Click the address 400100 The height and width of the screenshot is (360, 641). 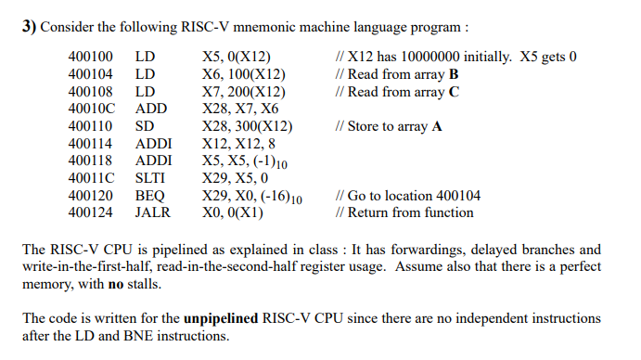pos(91,57)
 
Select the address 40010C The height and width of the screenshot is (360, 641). pos(91,109)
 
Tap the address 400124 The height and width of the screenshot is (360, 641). pos(91,212)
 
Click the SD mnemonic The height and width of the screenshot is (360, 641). pos(145,126)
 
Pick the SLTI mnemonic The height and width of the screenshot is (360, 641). pos(151,178)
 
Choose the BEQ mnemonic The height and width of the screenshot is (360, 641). pos(149,196)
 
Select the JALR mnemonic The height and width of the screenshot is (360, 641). pos(153,212)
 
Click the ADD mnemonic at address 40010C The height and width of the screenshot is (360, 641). pos(150,109)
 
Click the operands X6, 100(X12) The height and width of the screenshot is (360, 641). pos(243,74)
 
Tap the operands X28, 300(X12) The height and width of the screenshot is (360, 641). pos(247,126)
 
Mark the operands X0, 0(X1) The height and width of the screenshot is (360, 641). pos(232,212)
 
